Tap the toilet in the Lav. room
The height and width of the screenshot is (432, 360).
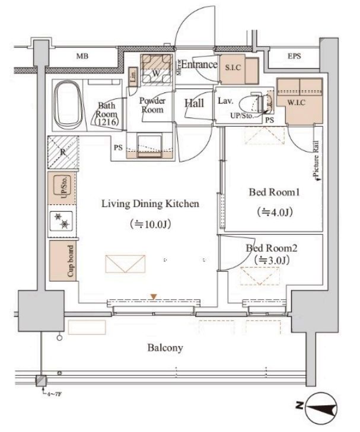[256, 104]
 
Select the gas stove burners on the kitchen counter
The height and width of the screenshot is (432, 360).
[61, 220]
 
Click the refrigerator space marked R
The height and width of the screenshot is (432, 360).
[63, 152]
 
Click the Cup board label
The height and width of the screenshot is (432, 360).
[71, 261]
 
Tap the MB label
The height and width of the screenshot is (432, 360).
[82, 56]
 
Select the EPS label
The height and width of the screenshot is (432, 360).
[294, 56]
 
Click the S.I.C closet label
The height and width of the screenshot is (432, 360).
[232, 67]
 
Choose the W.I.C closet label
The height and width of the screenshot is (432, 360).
[297, 103]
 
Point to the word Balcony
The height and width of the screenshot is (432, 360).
[165, 348]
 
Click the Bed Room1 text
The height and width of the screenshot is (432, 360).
[274, 192]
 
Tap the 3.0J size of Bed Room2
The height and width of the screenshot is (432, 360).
[272, 260]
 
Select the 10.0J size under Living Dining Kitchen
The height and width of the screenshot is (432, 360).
[151, 224]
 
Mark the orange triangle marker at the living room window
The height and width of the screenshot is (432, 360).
[154, 297]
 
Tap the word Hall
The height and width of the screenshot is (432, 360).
[194, 103]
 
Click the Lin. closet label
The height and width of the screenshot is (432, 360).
[133, 75]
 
